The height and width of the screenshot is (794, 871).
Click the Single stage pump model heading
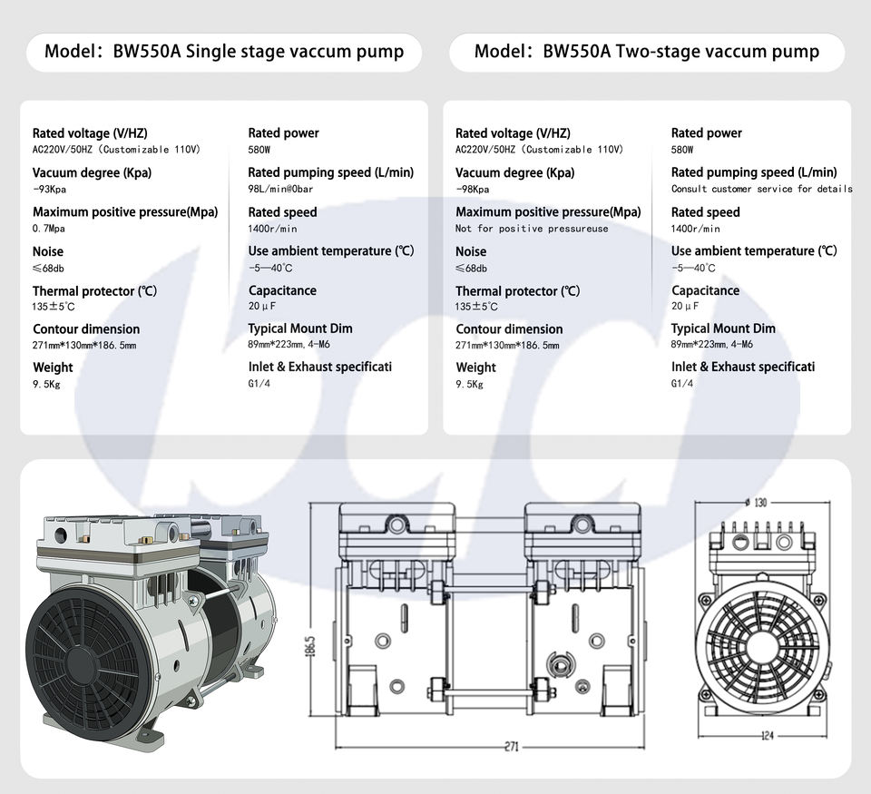(x=224, y=51)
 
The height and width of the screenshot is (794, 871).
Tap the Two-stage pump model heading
(x=647, y=51)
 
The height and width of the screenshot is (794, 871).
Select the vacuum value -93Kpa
(x=50, y=190)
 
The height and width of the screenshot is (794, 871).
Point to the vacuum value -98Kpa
(x=473, y=190)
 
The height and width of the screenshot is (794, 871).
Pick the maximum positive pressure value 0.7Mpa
(x=49, y=229)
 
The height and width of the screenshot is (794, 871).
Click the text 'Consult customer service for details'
(x=761, y=189)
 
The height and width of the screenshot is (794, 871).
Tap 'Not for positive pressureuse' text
(x=532, y=229)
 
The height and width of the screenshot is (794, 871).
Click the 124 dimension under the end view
(x=768, y=735)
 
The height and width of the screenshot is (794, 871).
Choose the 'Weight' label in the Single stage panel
(x=53, y=368)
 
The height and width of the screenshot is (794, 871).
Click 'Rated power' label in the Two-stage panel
(x=706, y=133)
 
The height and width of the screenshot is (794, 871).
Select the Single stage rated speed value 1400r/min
(x=272, y=229)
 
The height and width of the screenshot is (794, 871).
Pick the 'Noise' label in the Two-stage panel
(x=471, y=251)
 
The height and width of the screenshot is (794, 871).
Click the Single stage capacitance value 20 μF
(x=261, y=306)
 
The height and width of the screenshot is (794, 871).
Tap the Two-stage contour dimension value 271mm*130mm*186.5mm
(x=507, y=345)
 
